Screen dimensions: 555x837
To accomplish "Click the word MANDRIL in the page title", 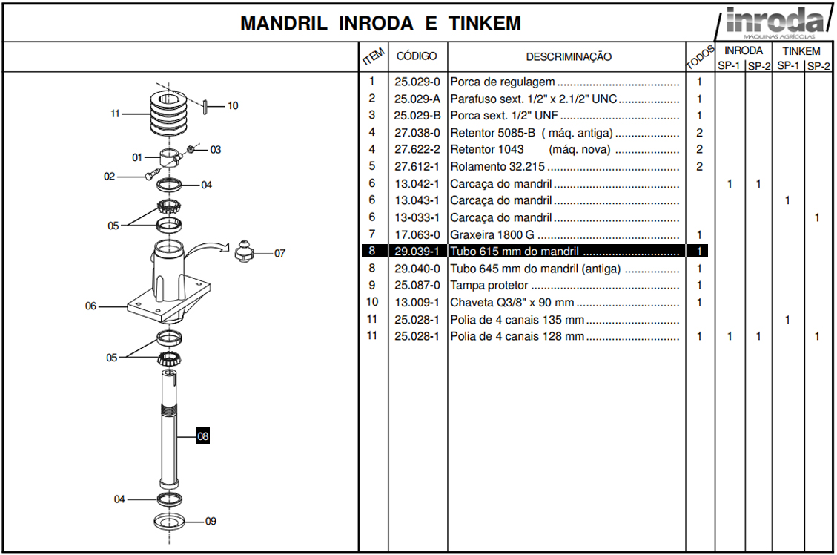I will pos(283,23).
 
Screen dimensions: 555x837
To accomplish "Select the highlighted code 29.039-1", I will pos(417,252).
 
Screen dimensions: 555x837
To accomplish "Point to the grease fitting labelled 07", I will pos(245,252).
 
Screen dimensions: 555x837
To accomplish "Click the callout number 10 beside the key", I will pos(232,106).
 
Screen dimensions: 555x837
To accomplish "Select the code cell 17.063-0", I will pos(417,234).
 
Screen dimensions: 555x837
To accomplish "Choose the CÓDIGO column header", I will pos(417,56).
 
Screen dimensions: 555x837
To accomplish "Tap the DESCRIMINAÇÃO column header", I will pos(569,56).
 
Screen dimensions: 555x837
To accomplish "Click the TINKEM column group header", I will pos(801,51).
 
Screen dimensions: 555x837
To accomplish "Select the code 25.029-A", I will pos(417,99).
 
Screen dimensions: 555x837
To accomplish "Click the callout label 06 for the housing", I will pos(90,306).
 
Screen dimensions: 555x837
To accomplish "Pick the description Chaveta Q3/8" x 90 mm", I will pos(512,303).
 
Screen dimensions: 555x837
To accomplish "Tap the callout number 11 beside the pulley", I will pos(115,114).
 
